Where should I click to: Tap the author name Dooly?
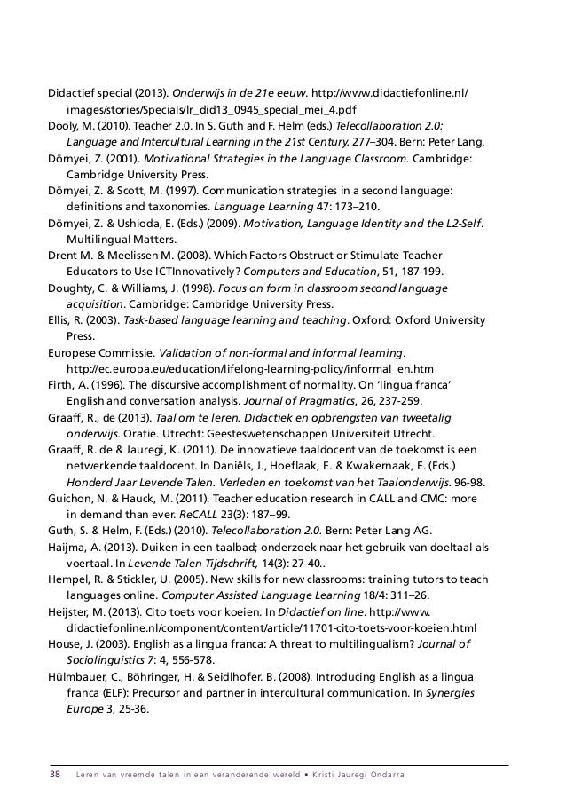(65, 126)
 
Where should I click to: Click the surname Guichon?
(74, 497)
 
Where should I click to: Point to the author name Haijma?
(67, 545)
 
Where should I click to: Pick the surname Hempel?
(69, 577)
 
